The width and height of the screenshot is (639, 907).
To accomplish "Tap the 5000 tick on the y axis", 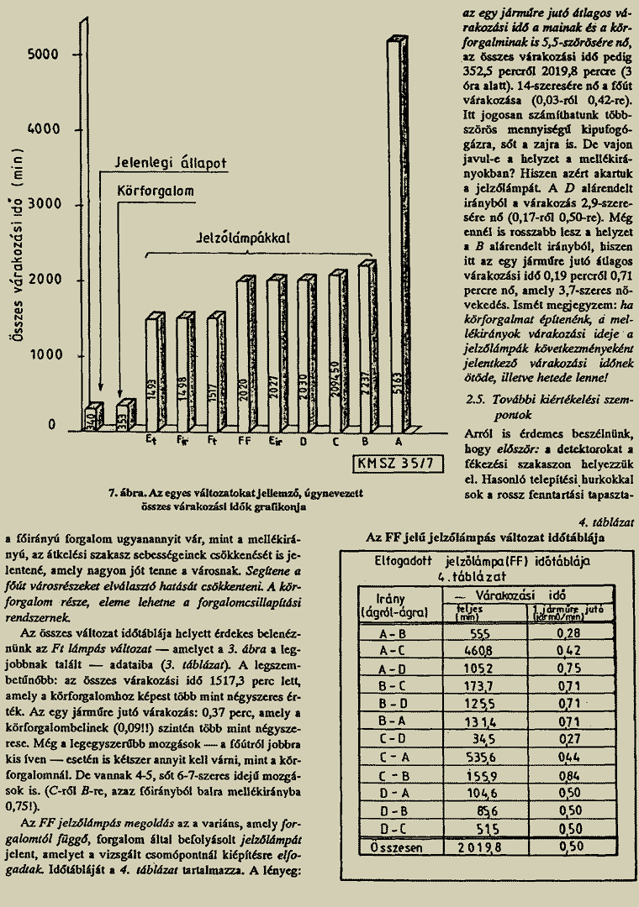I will tap(42, 55).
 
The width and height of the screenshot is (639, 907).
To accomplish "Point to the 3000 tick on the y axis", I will tap(42, 206).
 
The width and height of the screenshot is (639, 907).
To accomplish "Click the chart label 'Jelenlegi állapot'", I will tap(171, 162).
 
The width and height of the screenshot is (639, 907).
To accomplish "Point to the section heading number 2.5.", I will tap(476, 401).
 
